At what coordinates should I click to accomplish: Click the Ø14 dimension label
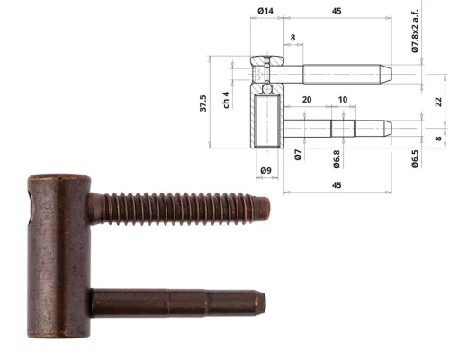[x=265, y=11]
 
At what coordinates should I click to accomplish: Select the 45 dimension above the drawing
[x=337, y=11]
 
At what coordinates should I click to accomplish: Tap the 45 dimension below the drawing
[x=337, y=185]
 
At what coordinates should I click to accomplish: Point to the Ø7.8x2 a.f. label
[x=415, y=31]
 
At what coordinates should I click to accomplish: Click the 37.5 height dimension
[x=203, y=103]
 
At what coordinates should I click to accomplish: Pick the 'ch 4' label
[x=226, y=100]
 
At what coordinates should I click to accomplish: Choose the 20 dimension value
[x=307, y=100]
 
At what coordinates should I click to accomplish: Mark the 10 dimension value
[x=343, y=100]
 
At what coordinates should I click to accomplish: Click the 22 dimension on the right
[x=438, y=102]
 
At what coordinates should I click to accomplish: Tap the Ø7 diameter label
[x=298, y=155]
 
